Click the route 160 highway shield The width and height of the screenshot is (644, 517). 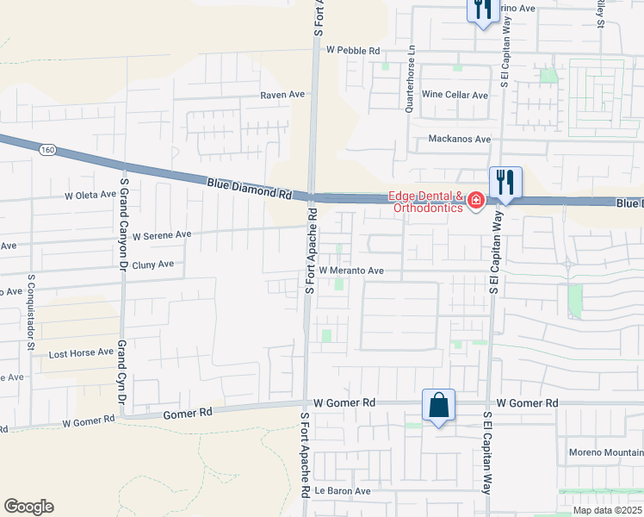(47, 150)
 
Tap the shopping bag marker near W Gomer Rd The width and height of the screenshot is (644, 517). (438, 405)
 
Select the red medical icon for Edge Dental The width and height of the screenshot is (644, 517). (476, 201)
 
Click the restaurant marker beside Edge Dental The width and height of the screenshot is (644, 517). (505, 183)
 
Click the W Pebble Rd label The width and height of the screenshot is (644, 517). (353, 51)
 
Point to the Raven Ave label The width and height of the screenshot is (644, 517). (283, 96)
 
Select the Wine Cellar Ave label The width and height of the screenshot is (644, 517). (455, 95)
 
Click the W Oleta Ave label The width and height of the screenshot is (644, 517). (90, 195)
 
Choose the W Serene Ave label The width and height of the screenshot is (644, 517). (161, 234)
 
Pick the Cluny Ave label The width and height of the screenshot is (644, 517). (153, 265)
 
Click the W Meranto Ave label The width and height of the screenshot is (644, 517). (351, 270)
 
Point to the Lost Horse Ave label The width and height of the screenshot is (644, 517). (81, 352)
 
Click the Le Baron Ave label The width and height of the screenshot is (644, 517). (342, 491)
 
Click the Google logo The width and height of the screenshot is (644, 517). (28, 507)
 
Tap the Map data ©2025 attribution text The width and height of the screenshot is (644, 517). (607, 510)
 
